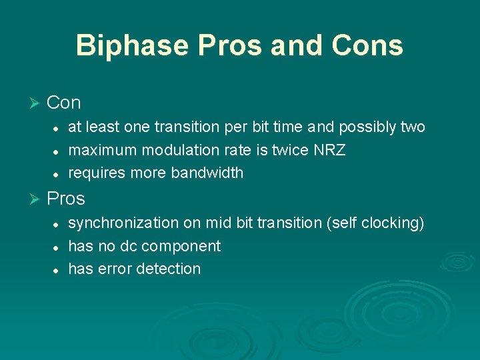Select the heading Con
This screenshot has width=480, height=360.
pos(64,103)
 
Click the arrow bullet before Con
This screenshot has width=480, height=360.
pos(35,103)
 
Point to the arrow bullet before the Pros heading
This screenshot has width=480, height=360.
pos(35,199)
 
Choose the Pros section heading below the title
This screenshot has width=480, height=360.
pos(66,199)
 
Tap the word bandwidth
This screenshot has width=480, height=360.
pos(207,173)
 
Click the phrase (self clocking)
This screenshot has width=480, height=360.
pos(375,223)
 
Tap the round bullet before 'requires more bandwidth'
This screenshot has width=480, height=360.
pos(57,174)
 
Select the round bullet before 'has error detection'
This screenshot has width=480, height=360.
pos(57,270)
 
